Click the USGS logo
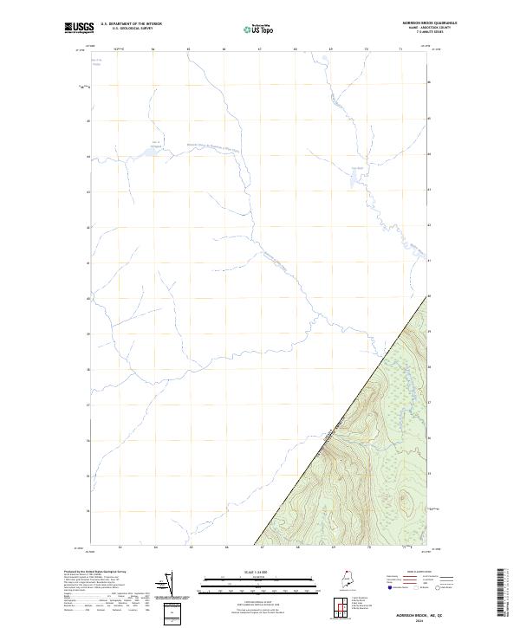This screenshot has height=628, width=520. (x=79, y=28)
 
